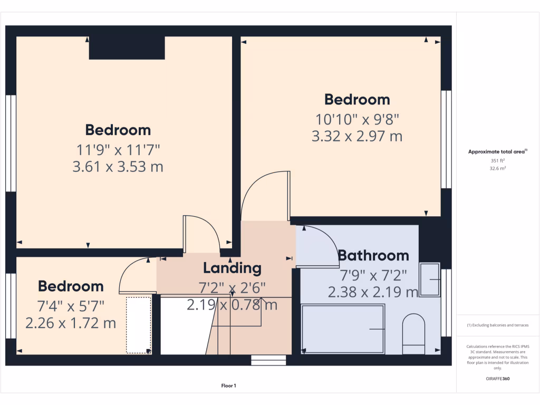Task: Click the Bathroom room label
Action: point(373,256)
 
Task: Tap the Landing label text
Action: point(232,268)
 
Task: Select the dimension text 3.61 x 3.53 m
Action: point(118,167)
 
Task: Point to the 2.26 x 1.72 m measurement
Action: point(71,322)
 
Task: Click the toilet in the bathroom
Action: point(413,333)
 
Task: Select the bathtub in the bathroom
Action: point(343,329)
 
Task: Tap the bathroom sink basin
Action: point(429,279)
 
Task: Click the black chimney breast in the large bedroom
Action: point(127,48)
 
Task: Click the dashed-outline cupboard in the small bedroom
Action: point(138,325)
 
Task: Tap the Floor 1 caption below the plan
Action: point(228,386)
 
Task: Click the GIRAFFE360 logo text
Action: point(498,379)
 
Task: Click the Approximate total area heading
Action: point(497,151)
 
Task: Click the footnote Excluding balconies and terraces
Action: point(497,325)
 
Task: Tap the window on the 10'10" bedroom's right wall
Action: point(446,139)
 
